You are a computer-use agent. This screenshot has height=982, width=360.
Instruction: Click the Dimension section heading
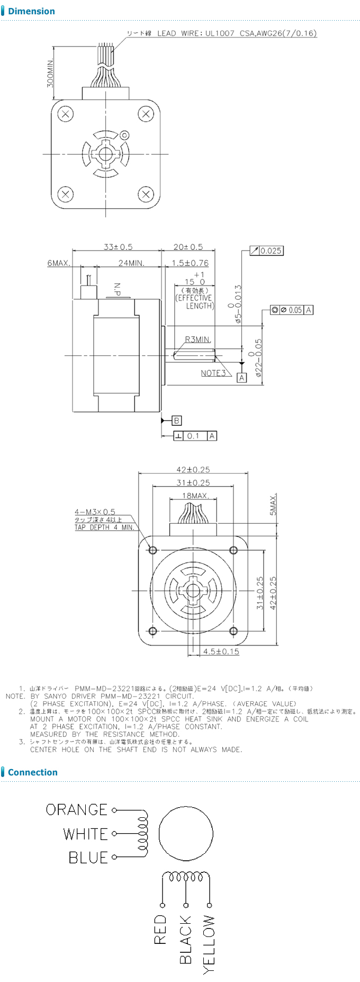(31, 11)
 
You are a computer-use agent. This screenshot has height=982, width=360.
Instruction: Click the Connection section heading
(32, 772)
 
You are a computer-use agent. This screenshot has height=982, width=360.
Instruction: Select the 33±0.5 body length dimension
(118, 247)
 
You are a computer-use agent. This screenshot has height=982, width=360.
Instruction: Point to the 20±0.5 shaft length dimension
(188, 247)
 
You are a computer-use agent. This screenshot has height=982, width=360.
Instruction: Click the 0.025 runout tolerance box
(271, 251)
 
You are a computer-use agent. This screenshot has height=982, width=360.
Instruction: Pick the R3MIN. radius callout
(197, 340)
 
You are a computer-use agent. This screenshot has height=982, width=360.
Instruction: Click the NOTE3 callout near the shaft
(213, 373)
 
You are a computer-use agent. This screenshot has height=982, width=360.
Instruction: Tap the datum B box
(177, 421)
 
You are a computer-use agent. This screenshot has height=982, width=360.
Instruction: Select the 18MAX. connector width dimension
(195, 496)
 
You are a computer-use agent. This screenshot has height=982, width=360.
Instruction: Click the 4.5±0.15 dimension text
(221, 651)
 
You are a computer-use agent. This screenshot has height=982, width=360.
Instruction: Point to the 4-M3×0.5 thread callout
(95, 512)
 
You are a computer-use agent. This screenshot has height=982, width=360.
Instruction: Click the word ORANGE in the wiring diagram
(76, 810)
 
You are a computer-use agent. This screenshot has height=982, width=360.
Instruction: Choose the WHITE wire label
(85, 834)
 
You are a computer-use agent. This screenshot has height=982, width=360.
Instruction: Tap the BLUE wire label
(88, 858)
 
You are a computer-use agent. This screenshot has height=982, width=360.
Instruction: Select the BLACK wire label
(185, 940)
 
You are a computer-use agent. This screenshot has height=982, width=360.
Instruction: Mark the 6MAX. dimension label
(58, 263)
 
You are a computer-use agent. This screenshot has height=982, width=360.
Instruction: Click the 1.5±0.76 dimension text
(190, 263)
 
